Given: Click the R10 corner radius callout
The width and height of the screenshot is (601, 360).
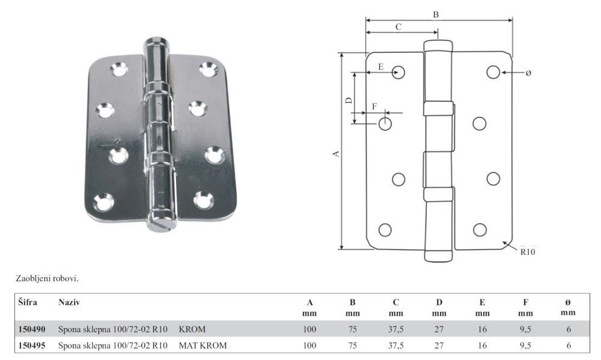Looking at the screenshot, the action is tap(528, 252).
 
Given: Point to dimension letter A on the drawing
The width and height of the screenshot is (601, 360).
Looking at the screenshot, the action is tap(336, 153).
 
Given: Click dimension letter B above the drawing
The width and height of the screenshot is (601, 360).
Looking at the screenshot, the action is tap(436, 14).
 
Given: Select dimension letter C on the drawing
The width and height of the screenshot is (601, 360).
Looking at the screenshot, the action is tap(398, 27).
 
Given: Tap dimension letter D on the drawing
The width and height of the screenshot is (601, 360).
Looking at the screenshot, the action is tap(349, 100).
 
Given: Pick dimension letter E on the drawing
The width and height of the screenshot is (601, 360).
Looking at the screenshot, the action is tap(380, 67).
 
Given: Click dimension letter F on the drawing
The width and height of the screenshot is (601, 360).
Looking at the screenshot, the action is tap(374, 106).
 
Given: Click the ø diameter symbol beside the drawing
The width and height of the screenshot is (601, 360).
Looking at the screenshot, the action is tap(528, 73).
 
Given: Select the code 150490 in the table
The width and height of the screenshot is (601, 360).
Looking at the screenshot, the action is tap(32, 329).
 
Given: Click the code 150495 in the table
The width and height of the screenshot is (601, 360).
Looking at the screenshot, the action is tap(32, 346).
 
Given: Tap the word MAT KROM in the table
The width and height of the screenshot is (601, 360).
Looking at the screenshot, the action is tap(203, 346).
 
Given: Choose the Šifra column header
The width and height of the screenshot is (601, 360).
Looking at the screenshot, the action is tap(28, 302).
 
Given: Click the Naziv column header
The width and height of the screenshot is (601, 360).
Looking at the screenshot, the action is tap(69, 302).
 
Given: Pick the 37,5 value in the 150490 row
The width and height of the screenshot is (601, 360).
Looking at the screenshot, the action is tap(396, 329).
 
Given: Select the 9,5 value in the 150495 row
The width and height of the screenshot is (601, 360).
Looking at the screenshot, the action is tap(525, 346).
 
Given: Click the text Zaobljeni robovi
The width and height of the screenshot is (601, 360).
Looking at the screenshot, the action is tap(47, 279).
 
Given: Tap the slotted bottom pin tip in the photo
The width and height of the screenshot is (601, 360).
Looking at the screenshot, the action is tap(161, 223).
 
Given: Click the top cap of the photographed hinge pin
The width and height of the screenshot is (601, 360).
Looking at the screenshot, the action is tap(156, 42).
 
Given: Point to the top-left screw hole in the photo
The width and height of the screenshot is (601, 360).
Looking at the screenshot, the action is tap(119, 69).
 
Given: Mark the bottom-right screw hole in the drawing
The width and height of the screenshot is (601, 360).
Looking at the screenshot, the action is tap(480, 230).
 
